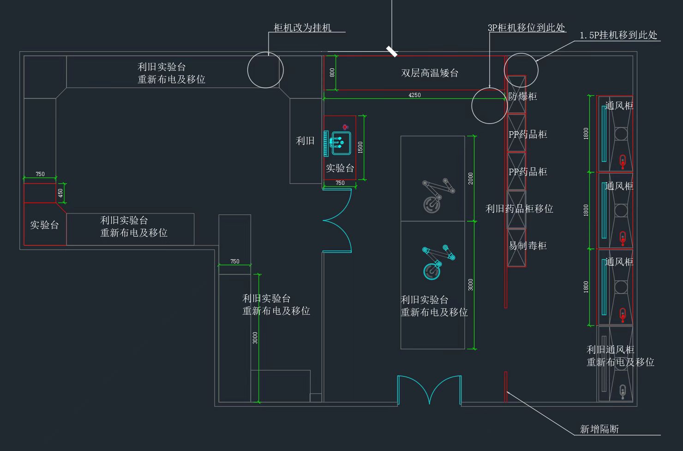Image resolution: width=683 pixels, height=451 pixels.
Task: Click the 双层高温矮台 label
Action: [430, 73]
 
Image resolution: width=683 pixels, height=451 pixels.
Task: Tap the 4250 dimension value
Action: [414, 95]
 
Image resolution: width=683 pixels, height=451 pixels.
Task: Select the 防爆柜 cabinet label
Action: [522, 97]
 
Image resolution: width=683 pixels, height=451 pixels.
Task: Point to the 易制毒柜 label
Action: [527, 246]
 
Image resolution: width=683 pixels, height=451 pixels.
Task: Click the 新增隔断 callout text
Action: [599, 429]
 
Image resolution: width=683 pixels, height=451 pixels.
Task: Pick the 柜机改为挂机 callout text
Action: [302, 28]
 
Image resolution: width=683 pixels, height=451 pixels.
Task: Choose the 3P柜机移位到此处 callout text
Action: [526, 28]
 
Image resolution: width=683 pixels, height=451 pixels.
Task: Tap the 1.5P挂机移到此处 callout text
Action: [618, 35]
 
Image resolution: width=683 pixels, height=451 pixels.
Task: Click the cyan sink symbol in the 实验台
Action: [341, 143]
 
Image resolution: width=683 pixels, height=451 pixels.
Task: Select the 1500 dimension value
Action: [360, 147]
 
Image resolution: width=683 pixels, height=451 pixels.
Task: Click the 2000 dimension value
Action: [471, 178]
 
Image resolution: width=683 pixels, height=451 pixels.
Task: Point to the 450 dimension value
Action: [60, 193]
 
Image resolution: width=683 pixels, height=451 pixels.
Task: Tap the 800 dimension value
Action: [332, 73]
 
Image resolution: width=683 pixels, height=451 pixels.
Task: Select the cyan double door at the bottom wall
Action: [429, 390]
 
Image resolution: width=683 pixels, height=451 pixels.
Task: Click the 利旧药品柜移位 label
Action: [519, 209]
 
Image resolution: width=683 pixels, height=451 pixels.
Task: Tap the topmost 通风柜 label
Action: [619, 106]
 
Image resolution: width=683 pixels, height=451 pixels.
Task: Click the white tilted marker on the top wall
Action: [392, 51]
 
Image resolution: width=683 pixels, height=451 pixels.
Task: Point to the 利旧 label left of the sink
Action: [305, 141]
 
